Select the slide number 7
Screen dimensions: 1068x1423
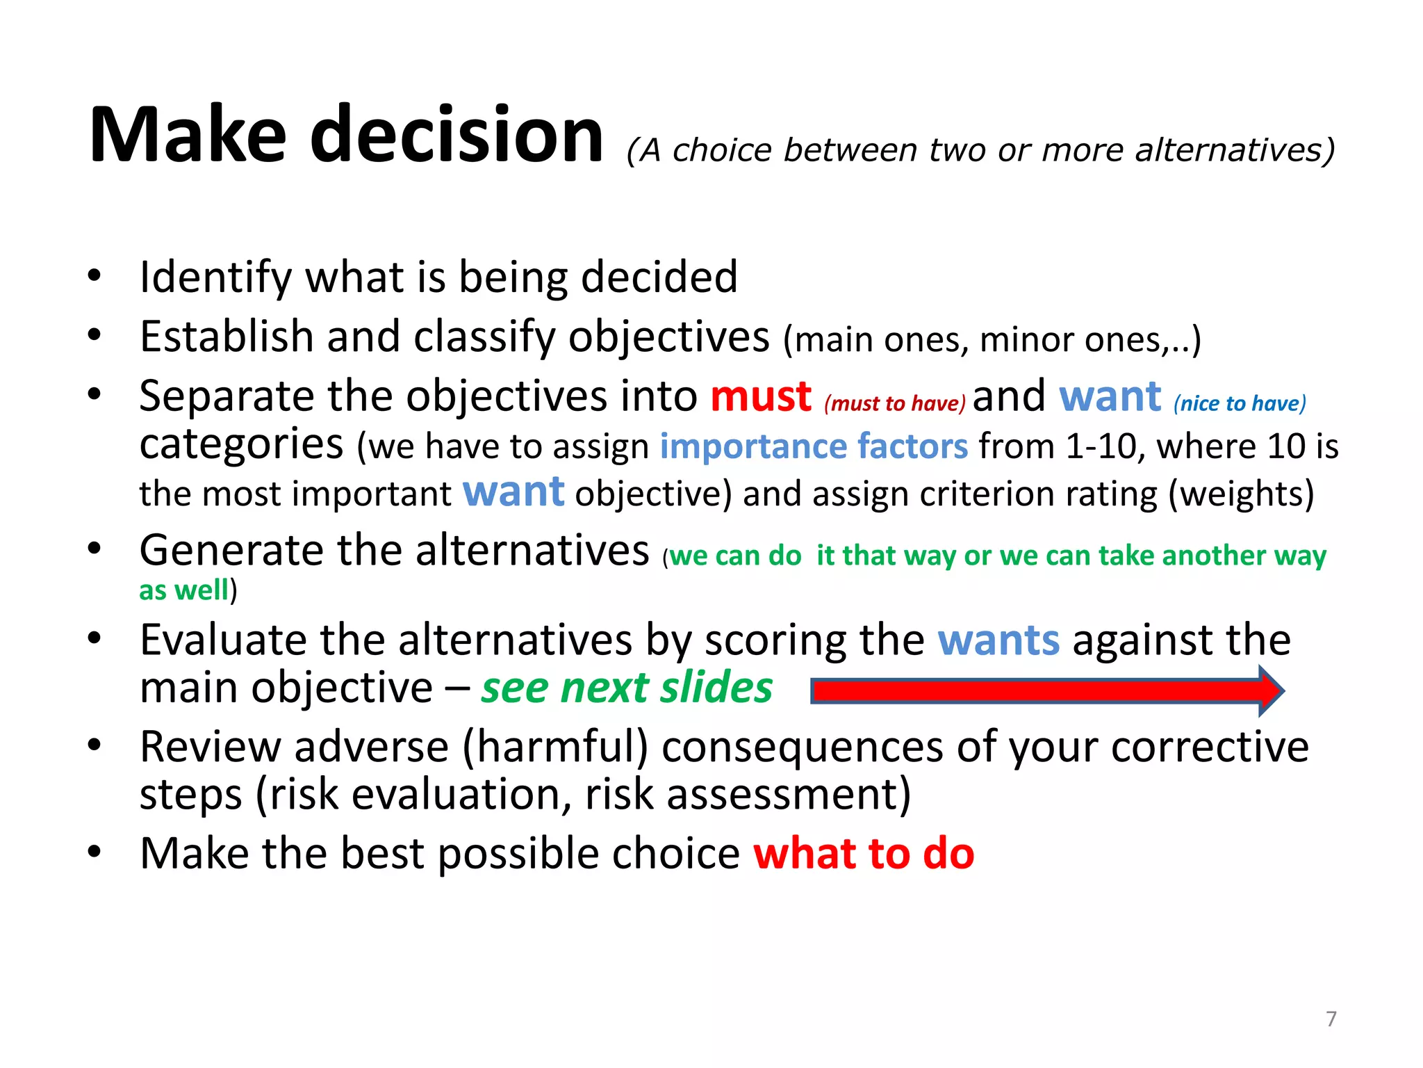[x=1331, y=1019]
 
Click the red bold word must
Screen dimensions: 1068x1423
[x=760, y=397]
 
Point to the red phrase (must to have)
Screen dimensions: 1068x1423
[x=894, y=403]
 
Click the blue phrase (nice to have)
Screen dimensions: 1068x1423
[x=1240, y=403]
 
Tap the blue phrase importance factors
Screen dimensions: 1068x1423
[x=813, y=446]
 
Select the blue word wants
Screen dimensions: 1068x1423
[x=998, y=640]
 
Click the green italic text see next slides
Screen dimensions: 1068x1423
[x=627, y=688]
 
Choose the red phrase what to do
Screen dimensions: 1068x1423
[x=864, y=854]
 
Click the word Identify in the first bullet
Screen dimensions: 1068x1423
[x=215, y=277]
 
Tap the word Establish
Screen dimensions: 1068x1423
[x=227, y=337]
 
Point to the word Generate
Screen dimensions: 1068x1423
[x=231, y=551]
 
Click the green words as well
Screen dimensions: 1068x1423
[x=183, y=590]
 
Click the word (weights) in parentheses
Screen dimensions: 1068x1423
[x=1241, y=494]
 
